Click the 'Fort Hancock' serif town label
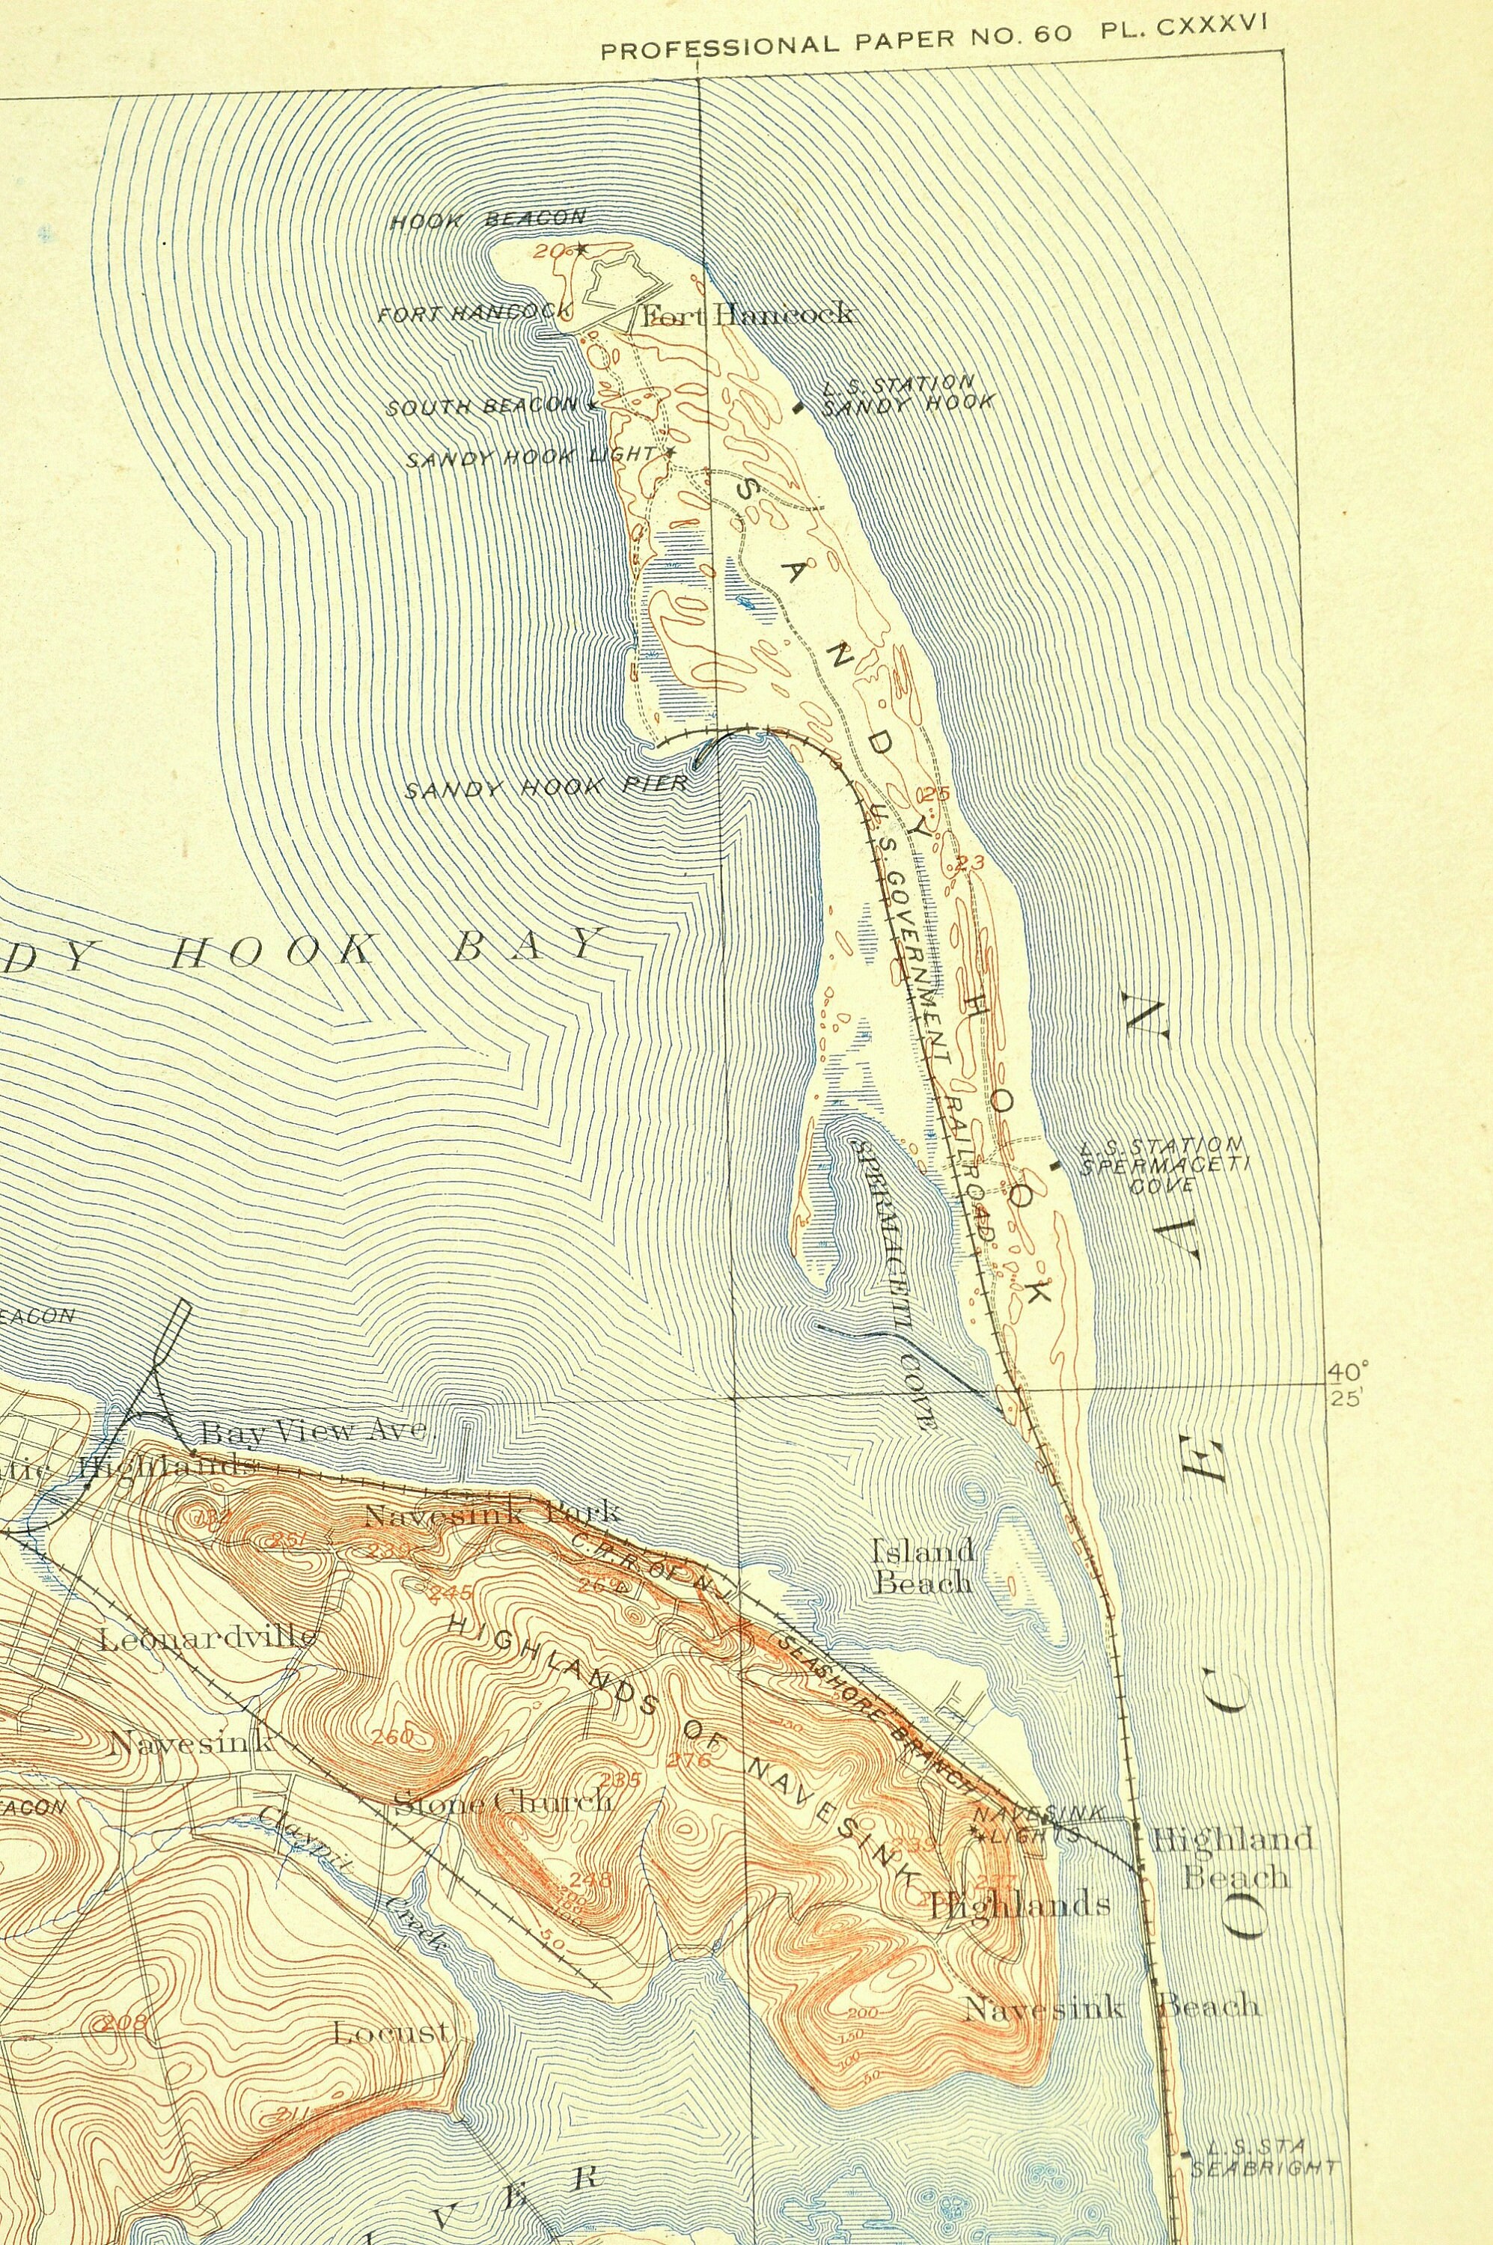pyautogui.click(x=748, y=315)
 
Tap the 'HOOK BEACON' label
pyautogui.click(x=489, y=220)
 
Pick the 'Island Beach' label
pyautogui.click(x=923, y=1566)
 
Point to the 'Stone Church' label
pyautogui.click(x=502, y=1800)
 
